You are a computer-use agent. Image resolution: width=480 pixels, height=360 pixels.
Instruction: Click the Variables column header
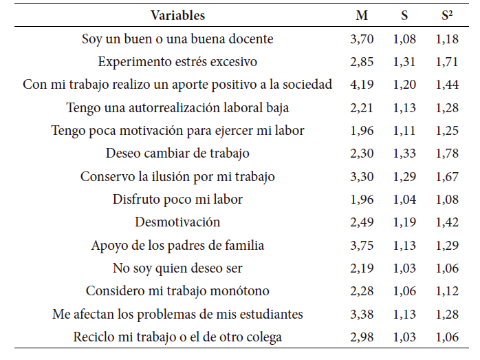tap(177, 15)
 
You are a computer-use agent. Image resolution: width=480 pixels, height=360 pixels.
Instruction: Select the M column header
tap(362, 15)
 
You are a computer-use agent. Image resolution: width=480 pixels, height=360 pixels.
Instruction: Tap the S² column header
tap(447, 15)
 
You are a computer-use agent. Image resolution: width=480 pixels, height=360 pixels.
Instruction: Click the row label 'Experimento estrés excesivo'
tap(177, 62)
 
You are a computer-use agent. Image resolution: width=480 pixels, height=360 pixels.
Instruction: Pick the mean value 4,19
tap(362, 85)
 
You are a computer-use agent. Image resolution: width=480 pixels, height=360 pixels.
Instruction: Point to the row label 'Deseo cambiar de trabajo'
tap(177, 153)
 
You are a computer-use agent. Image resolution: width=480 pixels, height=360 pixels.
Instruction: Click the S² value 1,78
tap(447, 153)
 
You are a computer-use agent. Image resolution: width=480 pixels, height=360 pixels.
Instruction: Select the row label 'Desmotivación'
tap(177, 222)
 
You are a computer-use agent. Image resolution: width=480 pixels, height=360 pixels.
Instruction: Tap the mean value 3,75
tap(362, 246)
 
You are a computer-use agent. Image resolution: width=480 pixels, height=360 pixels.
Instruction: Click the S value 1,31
tap(404, 62)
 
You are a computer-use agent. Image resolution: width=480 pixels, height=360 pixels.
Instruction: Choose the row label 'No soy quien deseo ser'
tap(177, 268)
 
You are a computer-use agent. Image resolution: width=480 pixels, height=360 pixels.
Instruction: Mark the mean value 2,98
tap(362, 337)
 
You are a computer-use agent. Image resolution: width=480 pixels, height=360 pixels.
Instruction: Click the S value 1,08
tap(404, 39)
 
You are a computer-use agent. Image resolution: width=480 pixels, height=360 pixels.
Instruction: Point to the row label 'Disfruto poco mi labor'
tap(177, 200)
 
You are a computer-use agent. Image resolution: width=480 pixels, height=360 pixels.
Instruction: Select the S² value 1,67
tap(447, 177)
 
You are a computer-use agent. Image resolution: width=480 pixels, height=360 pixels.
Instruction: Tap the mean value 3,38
tap(362, 315)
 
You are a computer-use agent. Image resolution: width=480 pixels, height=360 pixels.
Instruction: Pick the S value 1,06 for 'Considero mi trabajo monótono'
tap(404, 291)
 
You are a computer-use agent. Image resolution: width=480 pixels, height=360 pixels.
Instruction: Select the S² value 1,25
tap(447, 131)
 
